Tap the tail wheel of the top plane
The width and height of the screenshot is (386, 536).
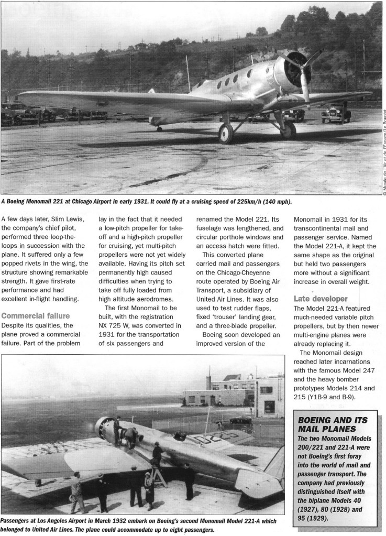(x=159, y=128)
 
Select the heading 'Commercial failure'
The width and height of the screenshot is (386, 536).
(x=36, y=315)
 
